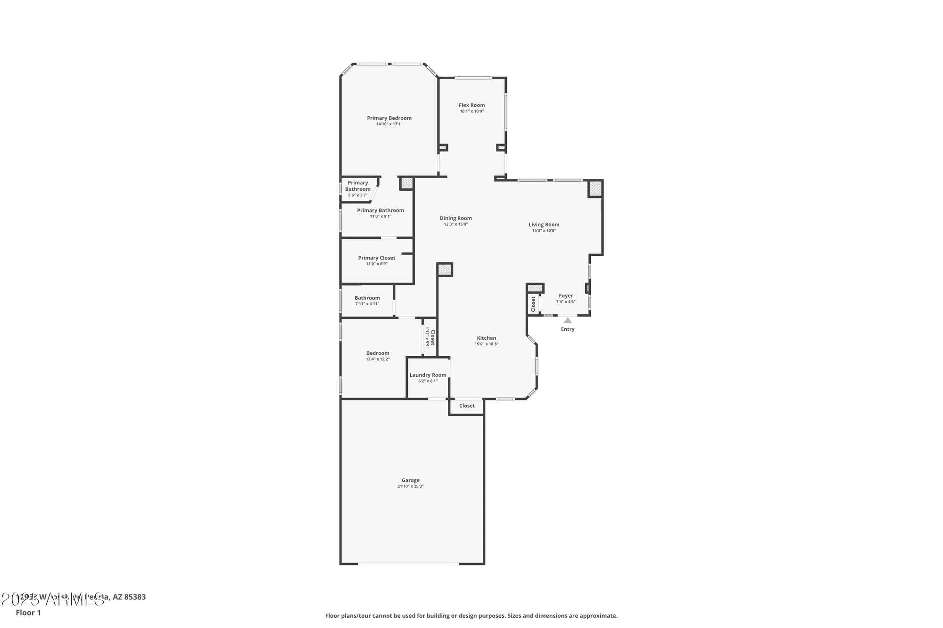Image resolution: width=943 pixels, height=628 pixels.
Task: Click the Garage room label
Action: (x=410, y=481)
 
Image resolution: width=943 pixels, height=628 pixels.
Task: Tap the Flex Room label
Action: (x=471, y=106)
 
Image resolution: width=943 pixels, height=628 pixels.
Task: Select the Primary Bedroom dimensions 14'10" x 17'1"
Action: (x=389, y=124)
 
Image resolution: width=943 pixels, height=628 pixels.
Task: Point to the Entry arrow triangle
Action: (x=568, y=320)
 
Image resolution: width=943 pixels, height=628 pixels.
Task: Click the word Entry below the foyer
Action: (x=568, y=329)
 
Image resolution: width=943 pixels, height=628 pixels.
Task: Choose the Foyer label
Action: (x=566, y=296)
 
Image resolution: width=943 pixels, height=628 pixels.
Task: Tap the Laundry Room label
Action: (x=428, y=375)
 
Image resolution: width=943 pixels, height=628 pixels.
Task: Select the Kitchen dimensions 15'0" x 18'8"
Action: (x=486, y=344)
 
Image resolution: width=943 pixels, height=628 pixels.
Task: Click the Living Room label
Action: (x=544, y=225)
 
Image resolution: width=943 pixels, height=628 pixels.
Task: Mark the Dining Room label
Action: (x=455, y=218)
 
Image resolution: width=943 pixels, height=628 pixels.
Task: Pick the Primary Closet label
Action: (x=376, y=258)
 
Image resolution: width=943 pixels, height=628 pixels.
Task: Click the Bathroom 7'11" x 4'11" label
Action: (x=367, y=298)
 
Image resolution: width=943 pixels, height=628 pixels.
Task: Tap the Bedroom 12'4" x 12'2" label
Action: (x=378, y=353)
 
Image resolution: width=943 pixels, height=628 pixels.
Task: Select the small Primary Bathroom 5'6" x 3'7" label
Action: (x=358, y=188)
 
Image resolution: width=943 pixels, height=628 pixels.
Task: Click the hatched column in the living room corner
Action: (x=596, y=188)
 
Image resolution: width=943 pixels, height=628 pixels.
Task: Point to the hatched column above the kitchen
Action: (x=445, y=269)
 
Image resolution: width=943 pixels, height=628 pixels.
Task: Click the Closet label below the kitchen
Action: (x=467, y=406)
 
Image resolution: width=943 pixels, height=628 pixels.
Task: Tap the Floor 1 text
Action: (x=28, y=613)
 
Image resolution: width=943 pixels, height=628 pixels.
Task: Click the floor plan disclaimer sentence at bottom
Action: (x=471, y=616)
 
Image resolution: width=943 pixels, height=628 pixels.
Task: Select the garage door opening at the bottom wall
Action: (x=408, y=563)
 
